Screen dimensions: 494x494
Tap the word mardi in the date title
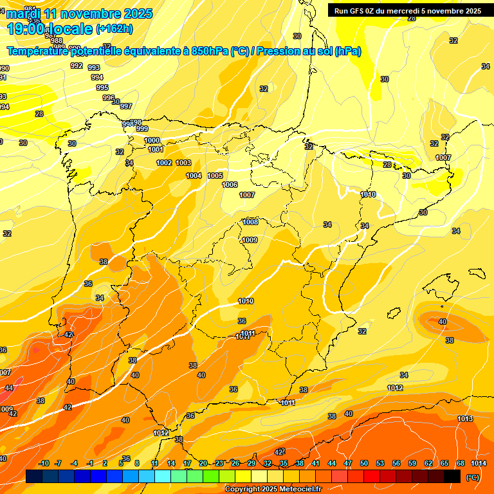[x=22, y=14]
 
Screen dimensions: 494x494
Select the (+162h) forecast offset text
[x=114, y=28]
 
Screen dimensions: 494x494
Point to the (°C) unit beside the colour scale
[x=473, y=477]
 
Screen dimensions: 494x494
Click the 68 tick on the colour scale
[x=461, y=463]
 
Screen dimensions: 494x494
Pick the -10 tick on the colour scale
[x=44, y=463]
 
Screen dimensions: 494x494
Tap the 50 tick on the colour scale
[x=364, y=463]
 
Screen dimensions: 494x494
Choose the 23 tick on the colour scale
[x=219, y=463]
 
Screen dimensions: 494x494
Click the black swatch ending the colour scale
[x=452, y=476]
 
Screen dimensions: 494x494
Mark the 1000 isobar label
[x=152, y=140]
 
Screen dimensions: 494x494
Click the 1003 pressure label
[x=183, y=163]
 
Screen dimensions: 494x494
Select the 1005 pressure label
[x=215, y=176]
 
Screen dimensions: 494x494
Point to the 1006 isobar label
[x=230, y=185]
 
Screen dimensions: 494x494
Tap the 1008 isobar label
[x=250, y=222]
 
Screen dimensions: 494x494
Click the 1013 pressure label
[x=465, y=419]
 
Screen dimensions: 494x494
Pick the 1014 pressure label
[x=478, y=463]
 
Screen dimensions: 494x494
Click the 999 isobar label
[x=142, y=129]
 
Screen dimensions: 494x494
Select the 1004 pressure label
[x=194, y=176]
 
